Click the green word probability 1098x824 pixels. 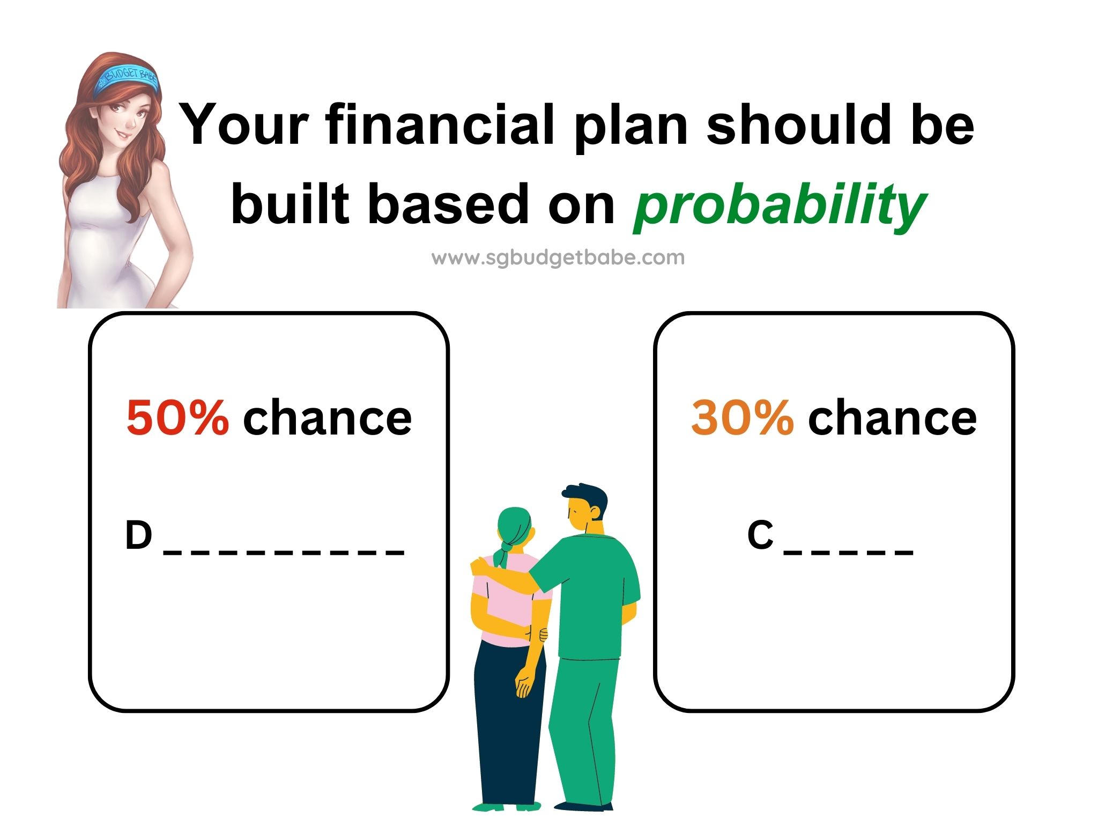point(780,206)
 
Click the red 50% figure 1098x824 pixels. point(177,417)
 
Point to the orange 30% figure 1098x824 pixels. point(743,417)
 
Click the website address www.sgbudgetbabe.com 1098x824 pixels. point(558,258)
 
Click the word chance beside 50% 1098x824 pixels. point(328,417)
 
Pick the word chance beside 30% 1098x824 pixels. point(893,417)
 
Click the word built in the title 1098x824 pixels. point(290,203)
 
